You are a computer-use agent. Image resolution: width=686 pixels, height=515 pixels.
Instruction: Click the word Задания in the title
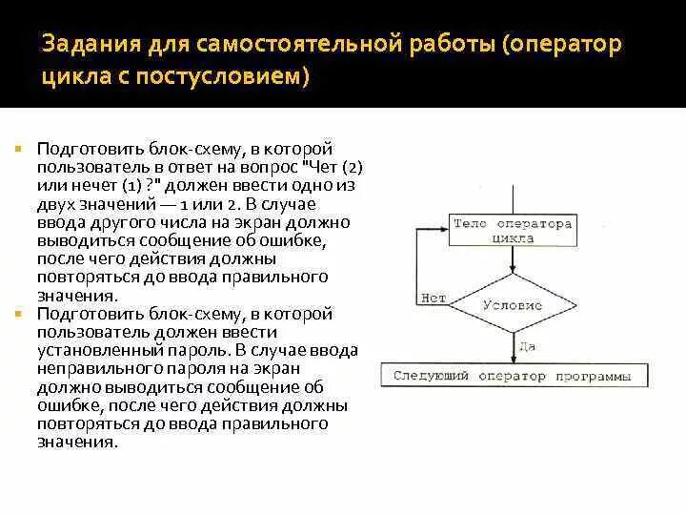[89, 46]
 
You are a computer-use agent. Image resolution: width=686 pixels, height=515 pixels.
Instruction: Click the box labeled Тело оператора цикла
[512, 232]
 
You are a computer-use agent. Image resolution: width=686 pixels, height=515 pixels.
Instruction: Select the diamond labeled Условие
[512, 305]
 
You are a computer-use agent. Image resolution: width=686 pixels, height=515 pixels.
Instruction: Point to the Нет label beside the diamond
[433, 298]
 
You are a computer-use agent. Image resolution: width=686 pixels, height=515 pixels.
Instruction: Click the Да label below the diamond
[527, 347]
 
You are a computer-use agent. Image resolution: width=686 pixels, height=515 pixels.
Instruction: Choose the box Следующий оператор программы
[513, 377]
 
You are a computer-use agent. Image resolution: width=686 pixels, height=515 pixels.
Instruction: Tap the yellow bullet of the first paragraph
[18, 149]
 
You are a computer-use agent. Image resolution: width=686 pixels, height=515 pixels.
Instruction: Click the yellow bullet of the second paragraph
[18, 313]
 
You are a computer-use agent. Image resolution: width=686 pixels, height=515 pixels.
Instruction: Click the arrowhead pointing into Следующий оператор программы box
[512, 360]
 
